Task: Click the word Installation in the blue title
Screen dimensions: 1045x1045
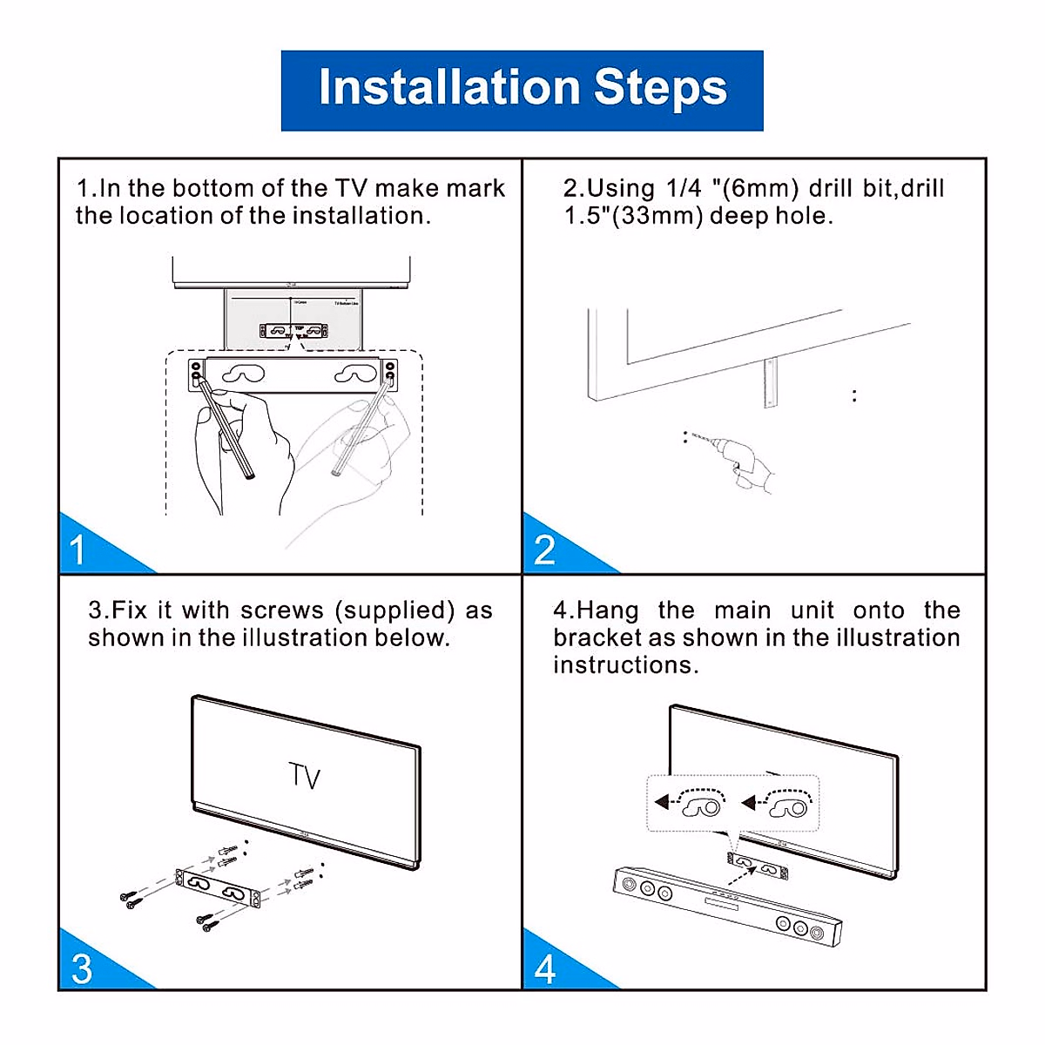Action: tap(449, 88)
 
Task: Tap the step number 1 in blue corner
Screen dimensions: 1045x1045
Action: tap(78, 550)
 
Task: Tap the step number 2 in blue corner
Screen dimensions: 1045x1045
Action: tap(544, 550)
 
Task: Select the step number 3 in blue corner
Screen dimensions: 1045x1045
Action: tap(81, 969)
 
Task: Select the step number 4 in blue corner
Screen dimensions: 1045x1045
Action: tap(546, 969)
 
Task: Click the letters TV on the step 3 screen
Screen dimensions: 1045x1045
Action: tap(305, 775)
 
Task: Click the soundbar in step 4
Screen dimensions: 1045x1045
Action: tap(727, 906)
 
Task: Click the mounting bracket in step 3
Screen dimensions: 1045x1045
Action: tap(218, 889)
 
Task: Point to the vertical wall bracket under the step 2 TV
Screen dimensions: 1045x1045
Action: tap(769, 383)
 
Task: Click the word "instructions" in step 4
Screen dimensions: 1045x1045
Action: tap(625, 665)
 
